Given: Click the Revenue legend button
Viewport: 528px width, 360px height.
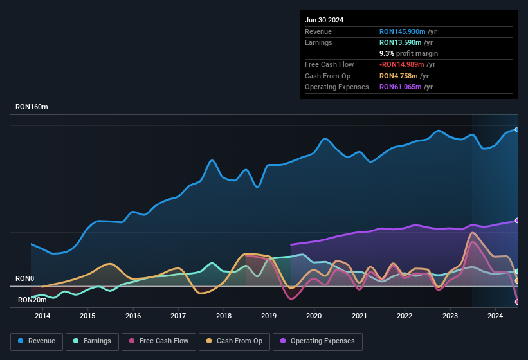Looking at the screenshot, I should tap(37, 341).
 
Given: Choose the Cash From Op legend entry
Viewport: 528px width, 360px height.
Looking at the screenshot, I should tap(234, 341).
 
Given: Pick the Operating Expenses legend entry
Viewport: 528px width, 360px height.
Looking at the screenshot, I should tap(318, 341).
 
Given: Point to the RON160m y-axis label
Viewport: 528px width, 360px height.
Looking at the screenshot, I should tap(32, 107).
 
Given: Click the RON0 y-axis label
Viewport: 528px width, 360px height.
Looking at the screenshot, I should tap(24, 278).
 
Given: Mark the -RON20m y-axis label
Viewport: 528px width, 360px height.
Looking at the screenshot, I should tap(32, 300).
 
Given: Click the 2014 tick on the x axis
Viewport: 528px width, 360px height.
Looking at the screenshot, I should tap(42, 316).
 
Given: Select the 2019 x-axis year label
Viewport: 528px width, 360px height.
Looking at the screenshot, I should tap(269, 316).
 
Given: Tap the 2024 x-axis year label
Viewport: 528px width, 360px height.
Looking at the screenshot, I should tap(495, 316).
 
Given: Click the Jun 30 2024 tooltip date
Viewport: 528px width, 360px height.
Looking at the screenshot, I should tap(324, 20).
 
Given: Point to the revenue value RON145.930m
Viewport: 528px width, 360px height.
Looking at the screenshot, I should tap(402, 32).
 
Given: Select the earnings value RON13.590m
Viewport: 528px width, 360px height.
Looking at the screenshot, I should tap(400, 42).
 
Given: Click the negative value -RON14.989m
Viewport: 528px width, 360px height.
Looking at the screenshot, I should tap(402, 64).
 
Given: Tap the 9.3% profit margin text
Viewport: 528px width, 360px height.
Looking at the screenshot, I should tap(408, 53).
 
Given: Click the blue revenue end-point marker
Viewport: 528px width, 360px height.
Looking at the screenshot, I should tap(517, 129).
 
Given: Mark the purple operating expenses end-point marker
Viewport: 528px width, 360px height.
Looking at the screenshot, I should tap(517, 221).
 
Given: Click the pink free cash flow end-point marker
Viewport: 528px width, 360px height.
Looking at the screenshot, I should tap(517, 301).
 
